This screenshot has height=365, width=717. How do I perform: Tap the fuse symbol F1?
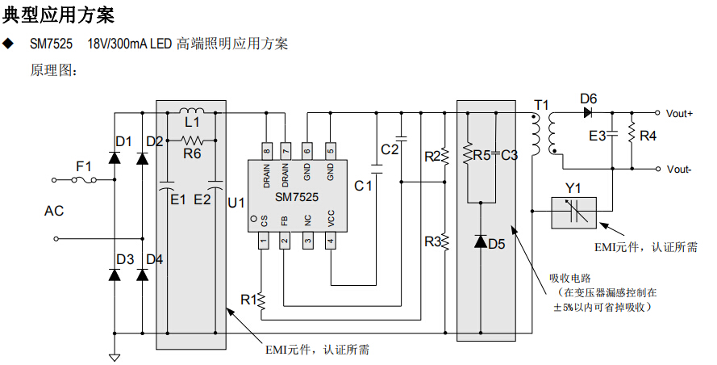[85, 180]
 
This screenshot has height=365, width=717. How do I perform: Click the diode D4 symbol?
[143, 275]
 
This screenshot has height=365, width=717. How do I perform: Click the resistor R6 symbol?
[191, 141]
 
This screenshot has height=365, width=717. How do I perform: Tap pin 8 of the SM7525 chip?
[266, 150]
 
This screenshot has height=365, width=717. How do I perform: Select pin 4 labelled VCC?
[331, 240]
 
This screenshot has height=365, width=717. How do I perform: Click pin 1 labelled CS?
[263, 240]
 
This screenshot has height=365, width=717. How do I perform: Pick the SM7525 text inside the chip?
[297, 196]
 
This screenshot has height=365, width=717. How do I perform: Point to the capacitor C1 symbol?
[376, 170]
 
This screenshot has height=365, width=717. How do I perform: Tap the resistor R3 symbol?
[444, 241]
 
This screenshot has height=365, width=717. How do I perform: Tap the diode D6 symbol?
[587, 112]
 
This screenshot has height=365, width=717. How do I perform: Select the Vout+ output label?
[680, 113]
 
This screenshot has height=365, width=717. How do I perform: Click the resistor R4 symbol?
[632, 136]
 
